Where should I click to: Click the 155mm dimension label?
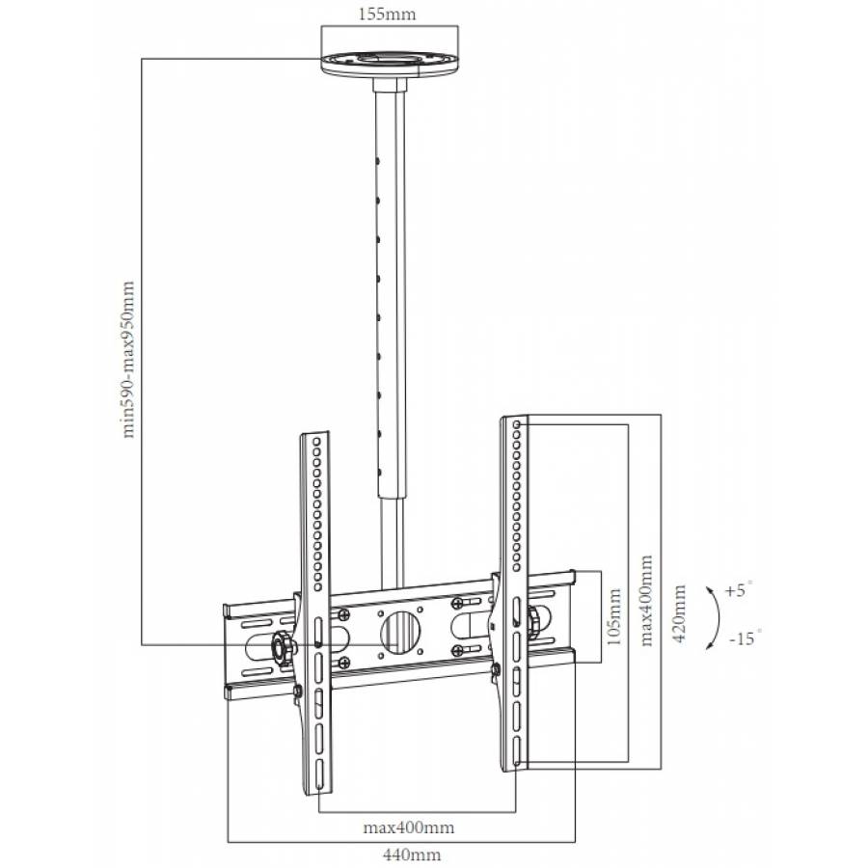click(x=391, y=16)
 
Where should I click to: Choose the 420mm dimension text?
click(x=681, y=614)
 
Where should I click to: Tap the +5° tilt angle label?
click(x=738, y=588)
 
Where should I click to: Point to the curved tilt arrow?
click(x=713, y=614)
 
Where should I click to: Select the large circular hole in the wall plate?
click(x=400, y=633)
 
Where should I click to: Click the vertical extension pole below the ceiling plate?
click(x=392, y=289)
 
